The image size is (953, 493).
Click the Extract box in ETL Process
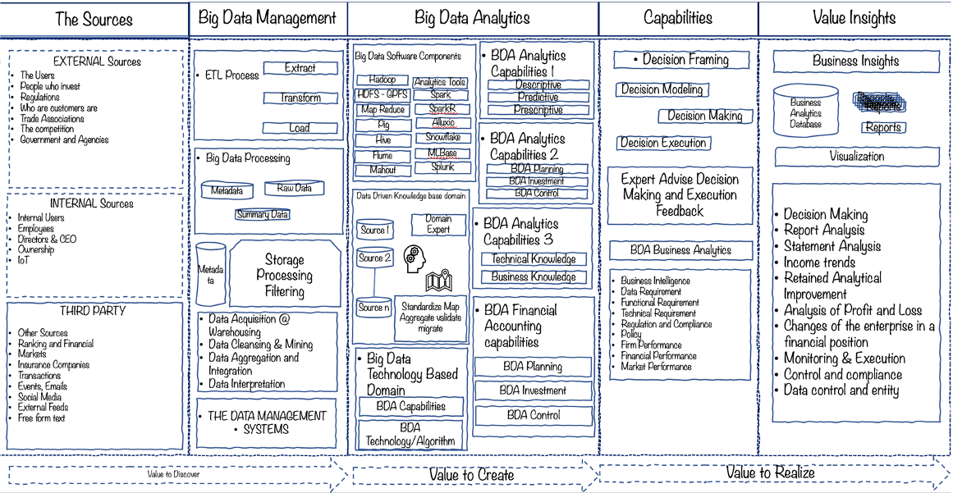coord(300,69)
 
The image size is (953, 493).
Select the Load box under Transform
coord(300,128)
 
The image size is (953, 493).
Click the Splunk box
coord(442,167)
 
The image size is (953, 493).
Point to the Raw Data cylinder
coord(294,189)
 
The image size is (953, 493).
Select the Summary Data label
coord(263,215)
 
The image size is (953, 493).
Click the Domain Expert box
coord(438,224)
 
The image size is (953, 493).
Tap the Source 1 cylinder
coord(374,230)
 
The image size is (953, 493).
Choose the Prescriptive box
coord(538,110)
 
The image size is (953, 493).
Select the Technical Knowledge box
coord(534,259)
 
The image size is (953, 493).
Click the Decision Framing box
coord(681,60)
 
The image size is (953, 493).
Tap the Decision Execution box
coord(663,143)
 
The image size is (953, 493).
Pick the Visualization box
coord(856,156)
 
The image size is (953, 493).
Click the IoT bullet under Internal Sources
coord(24,260)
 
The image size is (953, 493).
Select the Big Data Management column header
coord(268,18)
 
